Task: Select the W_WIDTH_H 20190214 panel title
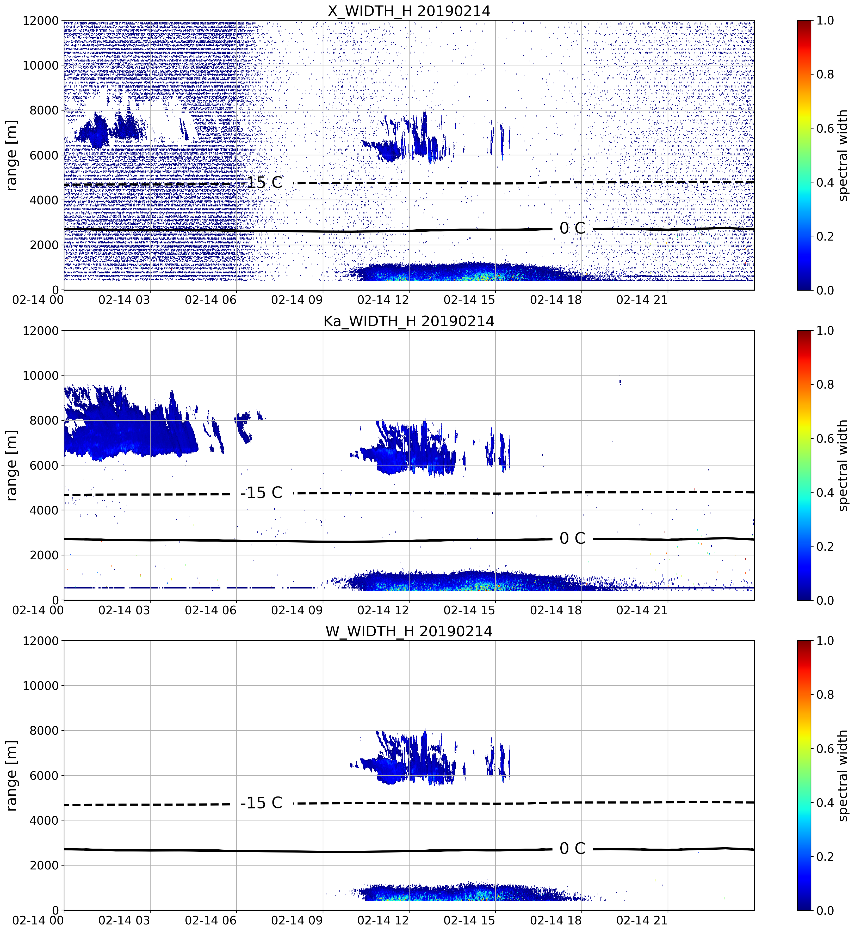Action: click(x=409, y=631)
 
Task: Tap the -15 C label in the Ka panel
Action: click(x=261, y=492)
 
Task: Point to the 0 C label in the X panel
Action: click(x=572, y=228)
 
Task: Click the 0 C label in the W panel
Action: click(x=572, y=848)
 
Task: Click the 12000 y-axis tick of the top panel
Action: click(x=41, y=20)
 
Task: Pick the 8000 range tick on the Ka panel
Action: click(x=44, y=420)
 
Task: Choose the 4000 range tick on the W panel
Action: click(x=44, y=820)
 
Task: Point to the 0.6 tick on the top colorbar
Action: click(x=825, y=128)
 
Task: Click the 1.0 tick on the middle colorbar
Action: click(x=825, y=330)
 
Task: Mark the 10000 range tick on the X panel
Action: click(x=41, y=65)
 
